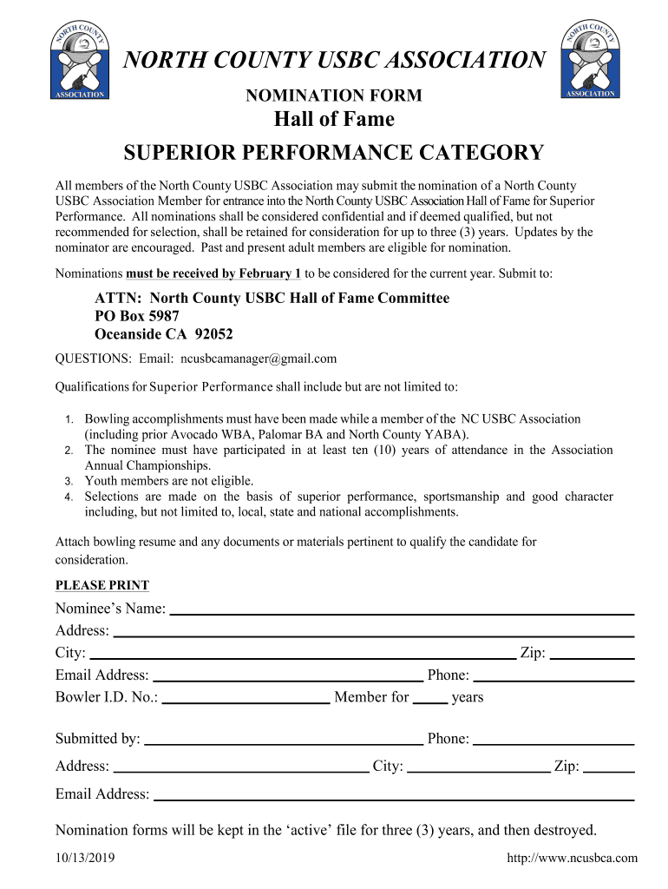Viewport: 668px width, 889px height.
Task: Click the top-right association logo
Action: pos(590,59)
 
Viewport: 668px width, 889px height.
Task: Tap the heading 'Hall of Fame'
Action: pos(334,119)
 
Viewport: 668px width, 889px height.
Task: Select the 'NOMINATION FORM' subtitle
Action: pos(334,95)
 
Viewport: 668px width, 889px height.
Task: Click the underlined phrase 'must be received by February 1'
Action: pos(213,273)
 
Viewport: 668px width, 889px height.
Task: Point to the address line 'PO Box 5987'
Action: pos(137,316)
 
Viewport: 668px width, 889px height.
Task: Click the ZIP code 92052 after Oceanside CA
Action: pos(214,334)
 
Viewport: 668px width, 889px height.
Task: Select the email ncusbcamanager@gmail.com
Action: pos(258,359)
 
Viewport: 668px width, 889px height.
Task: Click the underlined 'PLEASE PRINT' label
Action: pos(102,585)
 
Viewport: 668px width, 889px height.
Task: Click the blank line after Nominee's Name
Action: pos(402,609)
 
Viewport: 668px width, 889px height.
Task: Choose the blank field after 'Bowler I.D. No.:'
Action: pos(246,697)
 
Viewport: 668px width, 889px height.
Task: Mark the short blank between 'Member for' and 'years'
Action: pos(430,697)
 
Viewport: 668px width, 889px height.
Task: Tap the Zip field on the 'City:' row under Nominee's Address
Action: pos(593,654)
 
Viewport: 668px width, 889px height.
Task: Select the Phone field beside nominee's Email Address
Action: pos(553,676)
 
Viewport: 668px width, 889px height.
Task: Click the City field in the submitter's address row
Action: pos(478,767)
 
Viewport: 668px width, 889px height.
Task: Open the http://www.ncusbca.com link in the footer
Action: pos(572,859)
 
